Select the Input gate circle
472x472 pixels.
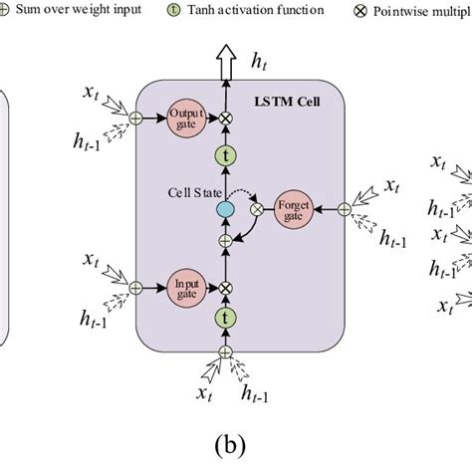[184, 287]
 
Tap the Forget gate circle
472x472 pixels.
[292, 208]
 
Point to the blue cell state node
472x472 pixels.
[225, 208]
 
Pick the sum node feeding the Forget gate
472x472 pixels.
[344, 208]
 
